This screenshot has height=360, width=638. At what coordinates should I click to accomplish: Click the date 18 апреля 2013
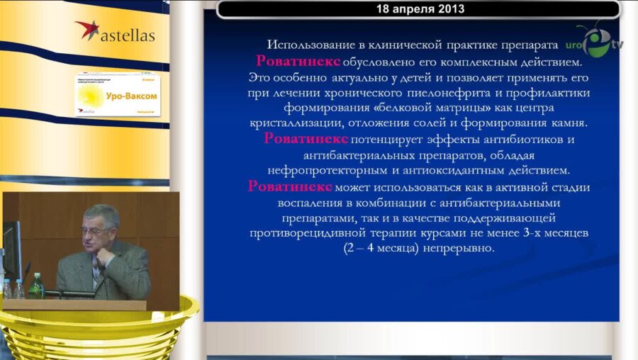tap(418, 9)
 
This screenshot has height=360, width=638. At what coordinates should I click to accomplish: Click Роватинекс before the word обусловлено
tap(298, 61)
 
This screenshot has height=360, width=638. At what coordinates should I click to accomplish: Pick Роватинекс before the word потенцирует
tap(306, 139)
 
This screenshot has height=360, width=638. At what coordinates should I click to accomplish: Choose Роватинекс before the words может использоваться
tap(290, 186)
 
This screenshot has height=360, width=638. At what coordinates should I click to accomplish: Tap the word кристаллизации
tap(306, 123)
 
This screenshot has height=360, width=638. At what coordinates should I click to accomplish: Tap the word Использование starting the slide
tap(311, 44)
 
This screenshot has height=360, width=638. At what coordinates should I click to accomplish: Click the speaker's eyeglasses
tap(96, 230)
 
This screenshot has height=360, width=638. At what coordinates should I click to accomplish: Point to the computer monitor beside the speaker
tap(12, 252)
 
